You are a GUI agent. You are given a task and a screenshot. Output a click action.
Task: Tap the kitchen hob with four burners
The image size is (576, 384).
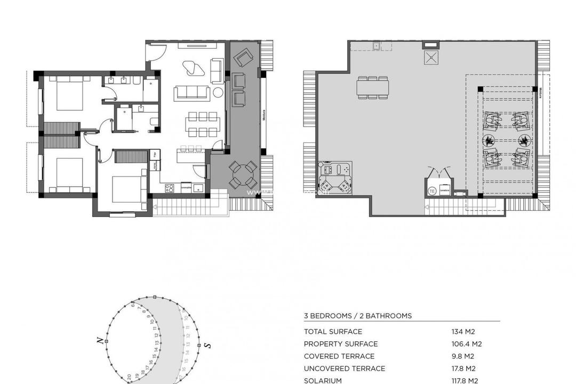pos(170,188)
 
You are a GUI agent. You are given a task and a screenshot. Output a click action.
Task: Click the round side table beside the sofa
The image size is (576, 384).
pos(218,92)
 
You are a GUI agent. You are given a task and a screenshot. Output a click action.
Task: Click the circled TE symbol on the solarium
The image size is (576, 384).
pos(432,190)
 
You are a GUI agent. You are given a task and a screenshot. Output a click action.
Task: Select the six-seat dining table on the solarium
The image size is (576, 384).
pos(373,87)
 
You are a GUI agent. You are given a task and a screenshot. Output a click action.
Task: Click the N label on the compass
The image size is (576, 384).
pos(100,340)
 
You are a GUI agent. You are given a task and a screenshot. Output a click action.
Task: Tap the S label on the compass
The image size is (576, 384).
pos(207,345)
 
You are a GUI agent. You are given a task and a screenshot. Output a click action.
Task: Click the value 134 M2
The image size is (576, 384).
pos(463,332)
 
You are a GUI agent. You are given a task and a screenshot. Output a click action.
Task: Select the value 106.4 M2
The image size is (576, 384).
pos(467,344)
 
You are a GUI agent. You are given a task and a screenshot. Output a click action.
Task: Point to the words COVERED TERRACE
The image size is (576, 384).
pos(339,356)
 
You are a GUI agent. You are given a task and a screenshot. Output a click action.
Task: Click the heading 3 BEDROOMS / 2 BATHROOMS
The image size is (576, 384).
pos(358,316)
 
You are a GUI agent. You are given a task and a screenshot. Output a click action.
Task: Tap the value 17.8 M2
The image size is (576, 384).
pos(463,369)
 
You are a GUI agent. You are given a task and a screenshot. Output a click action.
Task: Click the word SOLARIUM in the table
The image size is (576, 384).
pos(323,380)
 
